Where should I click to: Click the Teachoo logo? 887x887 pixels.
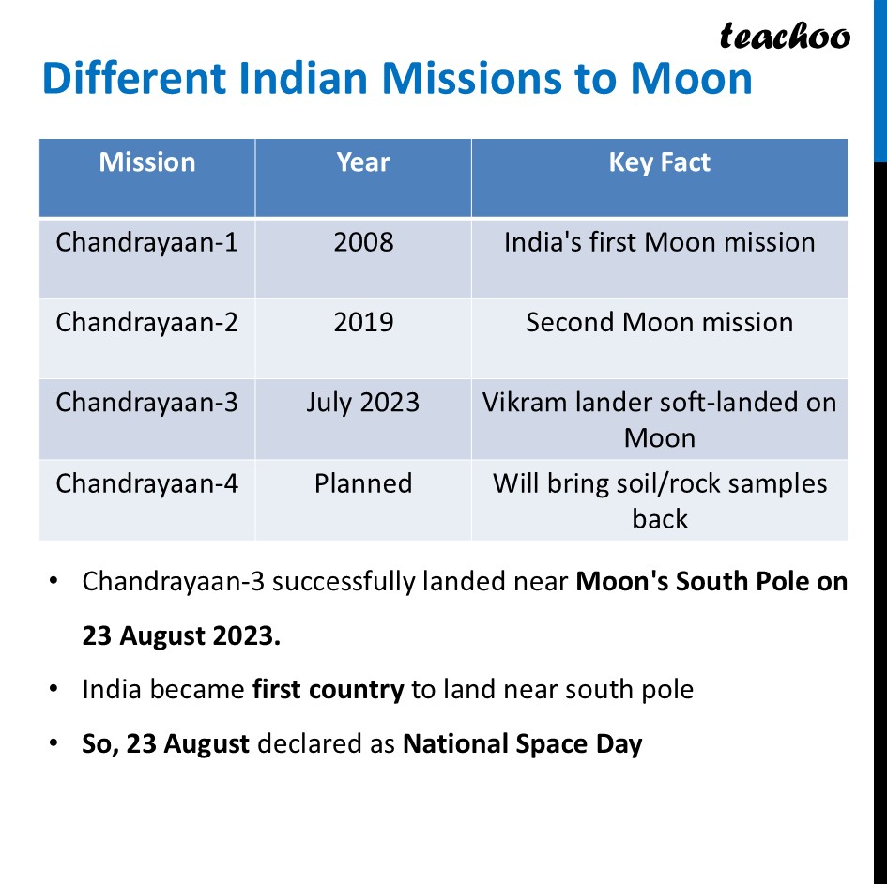click(x=785, y=36)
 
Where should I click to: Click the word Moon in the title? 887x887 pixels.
click(x=691, y=78)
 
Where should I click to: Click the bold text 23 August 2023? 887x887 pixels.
click(x=181, y=635)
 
